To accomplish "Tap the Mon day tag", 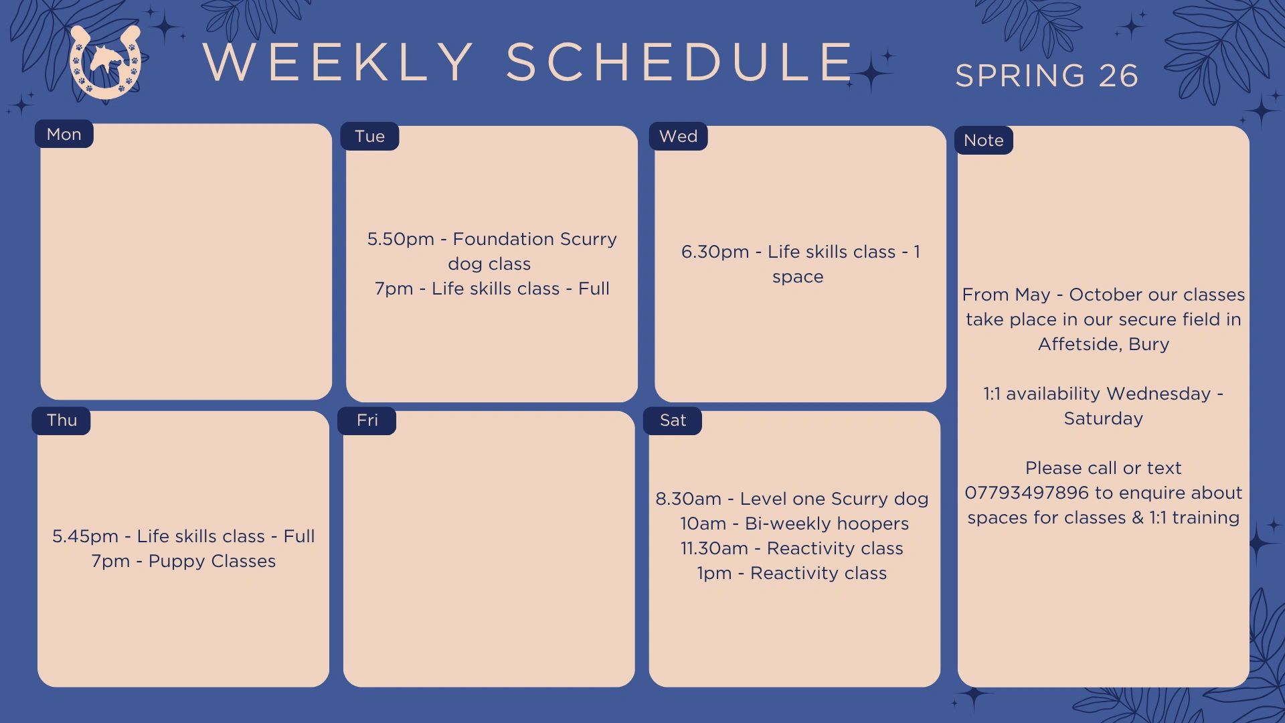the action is [64, 134].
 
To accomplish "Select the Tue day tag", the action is [369, 136].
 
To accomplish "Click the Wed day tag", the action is [678, 136].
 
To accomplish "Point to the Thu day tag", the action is [62, 420].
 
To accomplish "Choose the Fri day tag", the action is [367, 420].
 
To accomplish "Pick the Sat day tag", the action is [673, 420].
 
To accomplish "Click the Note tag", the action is [983, 140].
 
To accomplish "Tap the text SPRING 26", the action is [1047, 76].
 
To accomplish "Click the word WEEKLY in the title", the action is [339, 62].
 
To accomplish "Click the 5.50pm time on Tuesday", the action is [400, 240].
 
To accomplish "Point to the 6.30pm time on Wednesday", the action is [715, 252].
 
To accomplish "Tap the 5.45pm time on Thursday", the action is [85, 537].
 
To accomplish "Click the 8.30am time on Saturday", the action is [688, 499].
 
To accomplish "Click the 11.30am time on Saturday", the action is [714, 549].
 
